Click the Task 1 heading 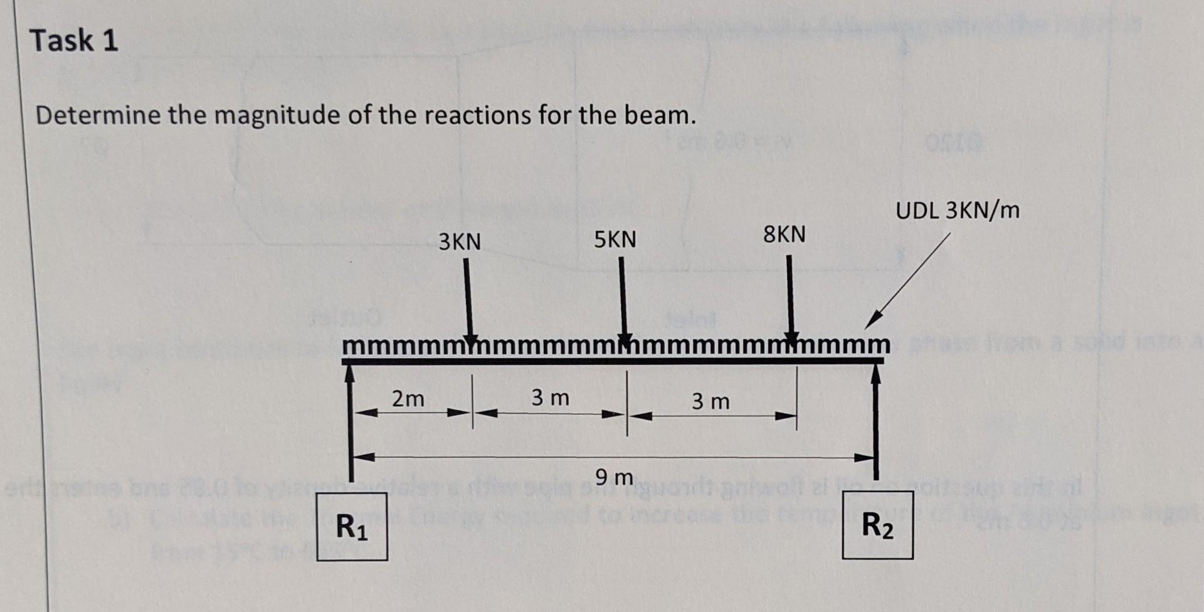coord(74,41)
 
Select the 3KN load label coord(460,242)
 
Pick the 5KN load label coord(615,240)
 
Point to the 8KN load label coord(784,235)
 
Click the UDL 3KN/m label coord(958,211)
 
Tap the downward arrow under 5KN coord(623,298)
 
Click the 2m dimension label coord(408,399)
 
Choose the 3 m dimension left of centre coord(550,398)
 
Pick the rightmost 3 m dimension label coord(710,401)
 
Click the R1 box coord(352,527)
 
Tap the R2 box coord(877,526)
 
